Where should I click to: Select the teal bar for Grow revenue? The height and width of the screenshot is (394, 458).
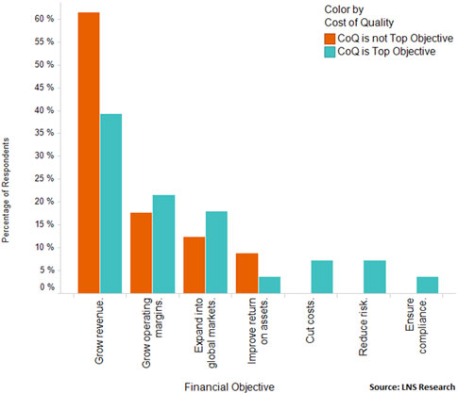tap(111, 203)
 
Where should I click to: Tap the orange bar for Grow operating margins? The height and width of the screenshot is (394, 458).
tap(141, 252)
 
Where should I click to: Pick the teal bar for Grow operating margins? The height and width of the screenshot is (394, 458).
tap(164, 243)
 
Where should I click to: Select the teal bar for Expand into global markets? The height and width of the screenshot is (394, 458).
tap(217, 252)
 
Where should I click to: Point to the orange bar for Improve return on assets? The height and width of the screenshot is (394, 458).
tap(246, 272)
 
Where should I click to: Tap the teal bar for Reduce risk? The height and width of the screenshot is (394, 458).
tap(375, 275)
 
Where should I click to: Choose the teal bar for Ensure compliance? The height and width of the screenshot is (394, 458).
tap(428, 284)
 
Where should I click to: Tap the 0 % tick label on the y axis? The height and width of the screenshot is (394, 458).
tap(42, 287)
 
